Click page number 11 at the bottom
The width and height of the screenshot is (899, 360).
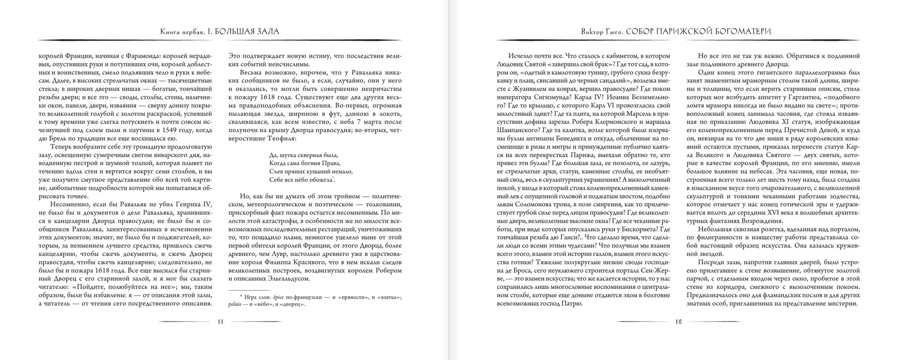[x=220, y=322]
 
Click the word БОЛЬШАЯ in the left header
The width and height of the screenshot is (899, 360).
[x=244, y=31]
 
